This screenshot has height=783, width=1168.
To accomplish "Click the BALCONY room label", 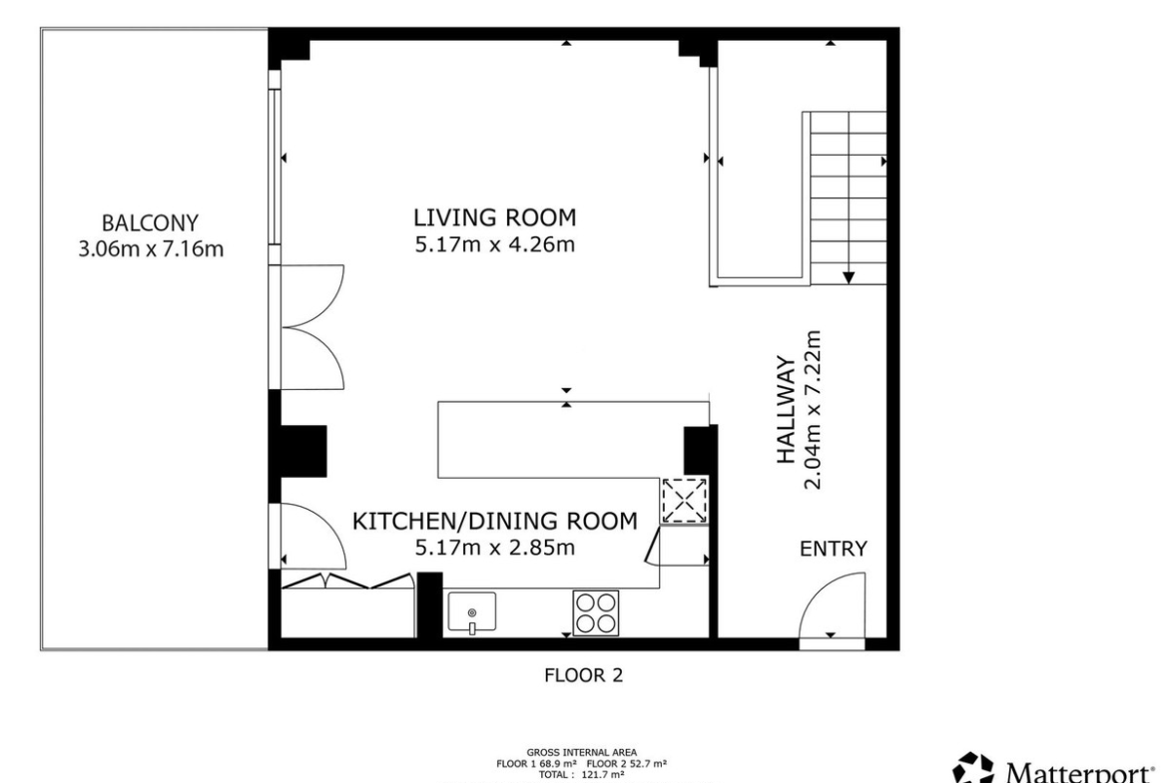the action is (150, 222).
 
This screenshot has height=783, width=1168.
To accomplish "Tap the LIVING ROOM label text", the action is (494, 217).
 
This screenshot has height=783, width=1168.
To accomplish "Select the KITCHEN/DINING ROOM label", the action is (494, 521).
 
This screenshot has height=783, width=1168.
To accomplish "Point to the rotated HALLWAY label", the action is (786, 410).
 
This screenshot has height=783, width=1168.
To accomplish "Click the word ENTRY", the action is (833, 549).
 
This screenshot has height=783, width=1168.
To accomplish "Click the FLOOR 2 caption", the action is (583, 675).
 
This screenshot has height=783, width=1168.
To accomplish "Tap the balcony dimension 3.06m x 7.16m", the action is (151, 248).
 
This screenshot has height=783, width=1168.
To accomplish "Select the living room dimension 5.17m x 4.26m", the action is (494, 244).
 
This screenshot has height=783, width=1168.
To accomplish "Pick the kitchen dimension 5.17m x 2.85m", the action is (494, 548).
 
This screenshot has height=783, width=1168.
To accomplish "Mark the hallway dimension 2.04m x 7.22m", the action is (812, 410).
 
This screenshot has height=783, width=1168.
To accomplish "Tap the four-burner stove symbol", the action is (596, 612).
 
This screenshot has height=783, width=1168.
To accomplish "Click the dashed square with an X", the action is (685, 500).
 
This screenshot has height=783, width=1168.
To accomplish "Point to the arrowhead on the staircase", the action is (849, 277).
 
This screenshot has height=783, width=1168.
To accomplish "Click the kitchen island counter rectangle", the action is (573, 439).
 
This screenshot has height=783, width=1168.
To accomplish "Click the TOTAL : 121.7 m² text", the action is (582, 775).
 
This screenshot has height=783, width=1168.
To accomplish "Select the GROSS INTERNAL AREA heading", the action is (582, 752).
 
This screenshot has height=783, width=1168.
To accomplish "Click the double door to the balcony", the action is (308, 327).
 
